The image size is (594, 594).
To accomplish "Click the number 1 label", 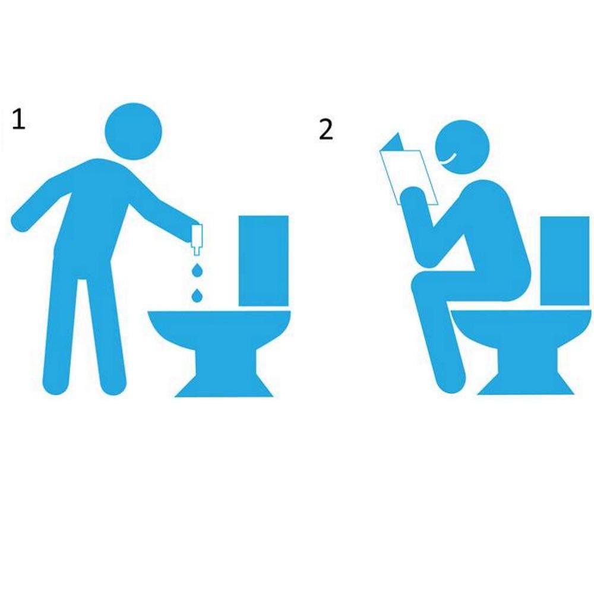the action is (x=18, y=119).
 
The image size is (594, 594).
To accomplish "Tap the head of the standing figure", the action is (x=133, y=131).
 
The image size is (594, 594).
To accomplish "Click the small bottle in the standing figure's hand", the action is (x=197, y=239).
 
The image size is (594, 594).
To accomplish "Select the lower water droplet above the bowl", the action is (x=197, y=295).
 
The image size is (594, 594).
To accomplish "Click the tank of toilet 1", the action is (x=263, y=261).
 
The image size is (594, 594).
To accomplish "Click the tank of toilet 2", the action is (x=564, y=261).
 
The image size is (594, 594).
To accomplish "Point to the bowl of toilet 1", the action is (x=219, y=330).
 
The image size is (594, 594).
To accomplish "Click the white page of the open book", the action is (x=409, y=177).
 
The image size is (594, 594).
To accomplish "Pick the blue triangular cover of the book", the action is (x=393, y=142).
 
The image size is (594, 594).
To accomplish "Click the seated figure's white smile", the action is (x=450, y=159).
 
